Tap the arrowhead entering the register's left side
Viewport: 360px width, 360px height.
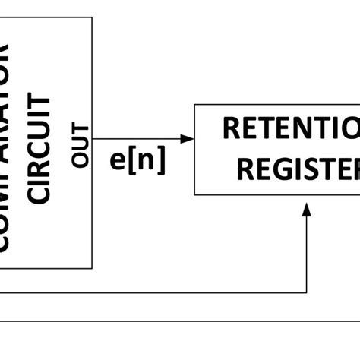pyautogui.click(x=188, y=139)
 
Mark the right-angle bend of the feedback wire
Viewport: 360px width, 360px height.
pyautogui.click(x=307, y=292)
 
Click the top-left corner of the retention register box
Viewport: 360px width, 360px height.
pyautogui.click(x=195, y=105)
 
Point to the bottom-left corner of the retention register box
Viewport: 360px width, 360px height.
pyautogui.click(x=195, y=194)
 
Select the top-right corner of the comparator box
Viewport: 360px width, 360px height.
pyautogui.click(x=92, y=17)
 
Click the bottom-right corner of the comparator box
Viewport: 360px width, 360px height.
pyautogui.click(x=92, y=268)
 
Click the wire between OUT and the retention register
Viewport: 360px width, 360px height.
pyautogui.click(x=141, y=139)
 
